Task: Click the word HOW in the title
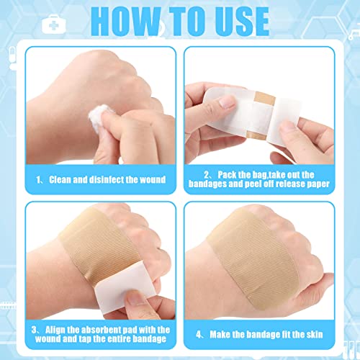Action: click(x=126, y=21)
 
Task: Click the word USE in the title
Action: click(x=242, y=21)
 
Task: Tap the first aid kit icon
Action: click(x=53, y=24)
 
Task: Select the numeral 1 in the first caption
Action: click(x=39, y=180)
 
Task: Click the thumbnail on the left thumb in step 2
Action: click(x=226, y=102)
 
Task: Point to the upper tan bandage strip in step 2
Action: click(x=264, y=98)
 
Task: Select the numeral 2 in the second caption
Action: click(x=207, y=175)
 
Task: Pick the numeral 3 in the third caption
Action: click(x=34, y=330)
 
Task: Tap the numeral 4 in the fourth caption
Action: click(x=199, y=335)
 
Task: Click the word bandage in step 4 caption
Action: click(x=259, y=335)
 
